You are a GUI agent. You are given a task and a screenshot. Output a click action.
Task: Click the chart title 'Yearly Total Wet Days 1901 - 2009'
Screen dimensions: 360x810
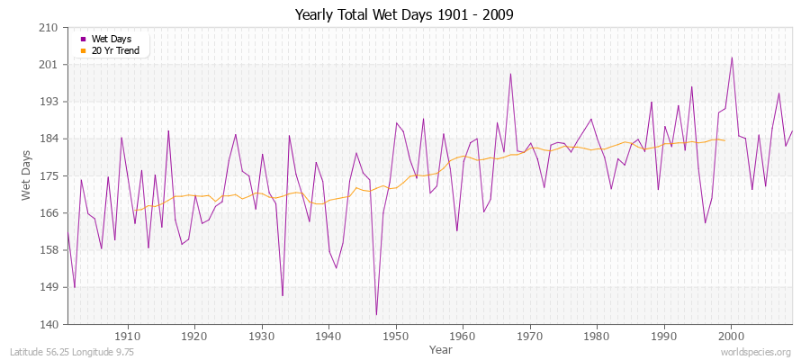[x=404, y=15]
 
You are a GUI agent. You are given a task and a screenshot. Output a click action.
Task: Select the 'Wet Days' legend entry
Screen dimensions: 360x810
[x=111, y=39]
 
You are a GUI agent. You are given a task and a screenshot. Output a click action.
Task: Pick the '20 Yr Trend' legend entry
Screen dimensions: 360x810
[x=114, y=50]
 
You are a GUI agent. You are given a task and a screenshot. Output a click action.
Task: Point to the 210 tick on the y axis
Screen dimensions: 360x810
[x=49, y=28]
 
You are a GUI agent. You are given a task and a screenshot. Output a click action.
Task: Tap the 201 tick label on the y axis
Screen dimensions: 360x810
[x=49, y=65]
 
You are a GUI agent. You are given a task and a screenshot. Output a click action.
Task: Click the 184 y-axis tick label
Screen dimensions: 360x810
[x=49, y=139]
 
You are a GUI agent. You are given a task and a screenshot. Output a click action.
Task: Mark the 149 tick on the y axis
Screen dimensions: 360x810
[x=49, y=287]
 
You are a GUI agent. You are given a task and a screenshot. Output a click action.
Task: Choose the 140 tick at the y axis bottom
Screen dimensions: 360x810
[x=49, y=324]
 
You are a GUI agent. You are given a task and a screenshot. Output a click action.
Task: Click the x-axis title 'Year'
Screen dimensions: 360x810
[x=429, y=348]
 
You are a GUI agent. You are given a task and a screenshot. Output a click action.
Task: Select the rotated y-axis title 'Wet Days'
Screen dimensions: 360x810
[x=27, y=175]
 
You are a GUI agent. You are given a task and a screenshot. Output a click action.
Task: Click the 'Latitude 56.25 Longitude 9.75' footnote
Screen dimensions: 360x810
[x=72, y=352]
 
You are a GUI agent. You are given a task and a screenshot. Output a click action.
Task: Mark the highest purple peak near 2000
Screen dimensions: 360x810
[x=732, y=58]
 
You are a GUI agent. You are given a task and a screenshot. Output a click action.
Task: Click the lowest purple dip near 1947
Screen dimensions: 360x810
[x=376, y=315]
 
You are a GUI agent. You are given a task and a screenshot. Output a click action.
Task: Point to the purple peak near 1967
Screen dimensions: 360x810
[x=510, y=74]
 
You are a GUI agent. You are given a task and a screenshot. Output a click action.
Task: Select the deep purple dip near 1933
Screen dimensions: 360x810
[x=283, y=295]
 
